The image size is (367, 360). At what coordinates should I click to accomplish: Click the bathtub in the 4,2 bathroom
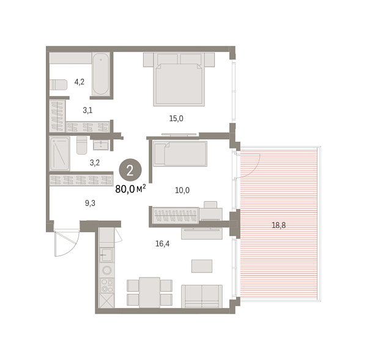pos(101,74)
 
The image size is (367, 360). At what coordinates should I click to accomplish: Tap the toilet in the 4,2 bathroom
pos(59,84)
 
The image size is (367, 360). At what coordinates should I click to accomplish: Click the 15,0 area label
pos(177,119)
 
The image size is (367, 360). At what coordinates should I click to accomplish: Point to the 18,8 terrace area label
pos(278,225)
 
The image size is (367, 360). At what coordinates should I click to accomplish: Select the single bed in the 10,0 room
pos(180,153)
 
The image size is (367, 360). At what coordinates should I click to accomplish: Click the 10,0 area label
pos(182,190)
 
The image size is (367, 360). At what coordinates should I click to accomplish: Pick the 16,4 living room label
pos(162,243)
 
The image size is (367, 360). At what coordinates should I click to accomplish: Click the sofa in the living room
pos(202,297)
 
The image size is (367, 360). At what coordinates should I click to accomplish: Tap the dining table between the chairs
pos(149,292)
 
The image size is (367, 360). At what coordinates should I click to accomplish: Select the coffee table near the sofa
pos(202,265)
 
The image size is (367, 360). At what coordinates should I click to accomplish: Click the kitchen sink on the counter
pos(106,255)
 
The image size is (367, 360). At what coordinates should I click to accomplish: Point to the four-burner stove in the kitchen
pos(106,284)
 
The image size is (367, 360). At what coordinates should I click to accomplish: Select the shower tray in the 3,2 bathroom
pos(60,153)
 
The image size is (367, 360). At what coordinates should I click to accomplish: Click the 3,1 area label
pos(88,110)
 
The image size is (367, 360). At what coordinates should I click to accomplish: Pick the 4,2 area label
pos(80,81)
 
